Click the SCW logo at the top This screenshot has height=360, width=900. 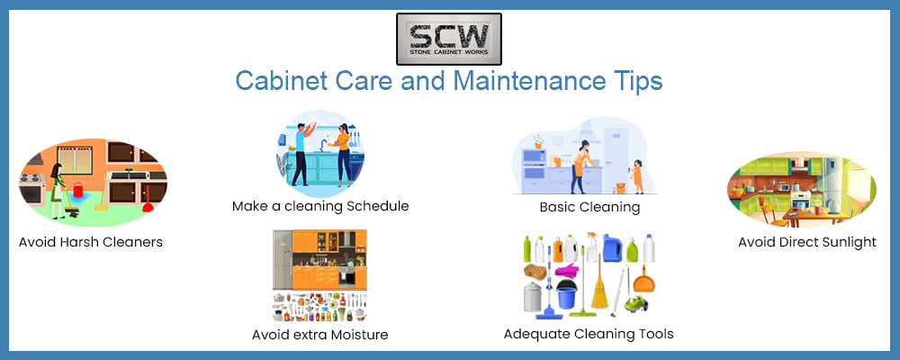pos(449,39)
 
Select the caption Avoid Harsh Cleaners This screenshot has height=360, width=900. pos(91,242)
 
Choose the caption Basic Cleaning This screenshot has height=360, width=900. pos(589,207)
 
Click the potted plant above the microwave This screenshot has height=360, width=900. pos(538,141)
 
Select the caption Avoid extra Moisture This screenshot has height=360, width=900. pos(319,334)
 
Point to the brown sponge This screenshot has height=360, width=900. pos(535,272)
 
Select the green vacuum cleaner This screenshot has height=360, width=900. pos(634,303)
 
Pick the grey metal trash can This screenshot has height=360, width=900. pos(533,297)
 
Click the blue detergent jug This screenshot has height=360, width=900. pos(613,248)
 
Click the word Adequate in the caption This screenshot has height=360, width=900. pos(531,333)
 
